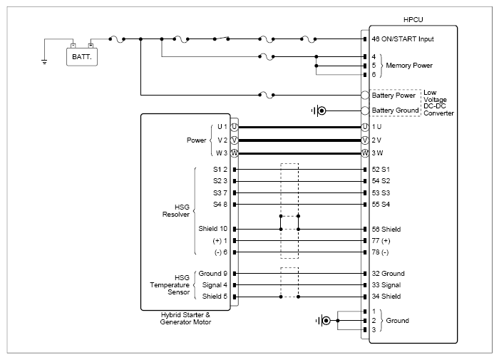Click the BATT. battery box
click(82, 57)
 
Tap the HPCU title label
click(413, 20)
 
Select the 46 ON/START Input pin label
click(403, 39)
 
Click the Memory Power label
click(409, 66)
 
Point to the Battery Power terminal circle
click(365, 95)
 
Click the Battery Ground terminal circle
click(365, 110)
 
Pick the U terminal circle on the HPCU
click(365, 127)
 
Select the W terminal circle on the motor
click(235, 153)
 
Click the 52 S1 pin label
click(381, 170)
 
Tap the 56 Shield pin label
click(386, 229)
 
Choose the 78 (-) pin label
click(380, 252)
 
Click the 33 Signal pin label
click(386, 285)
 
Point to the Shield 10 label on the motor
click(213, 229)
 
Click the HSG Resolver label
click(176, 211)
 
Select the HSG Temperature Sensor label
click(170, 285)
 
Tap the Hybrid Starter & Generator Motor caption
click(185, 319)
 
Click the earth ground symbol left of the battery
click(44, 62)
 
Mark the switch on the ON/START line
click(221, 38)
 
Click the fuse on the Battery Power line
click(267, 96)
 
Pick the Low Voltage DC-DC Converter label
click(438, 103)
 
